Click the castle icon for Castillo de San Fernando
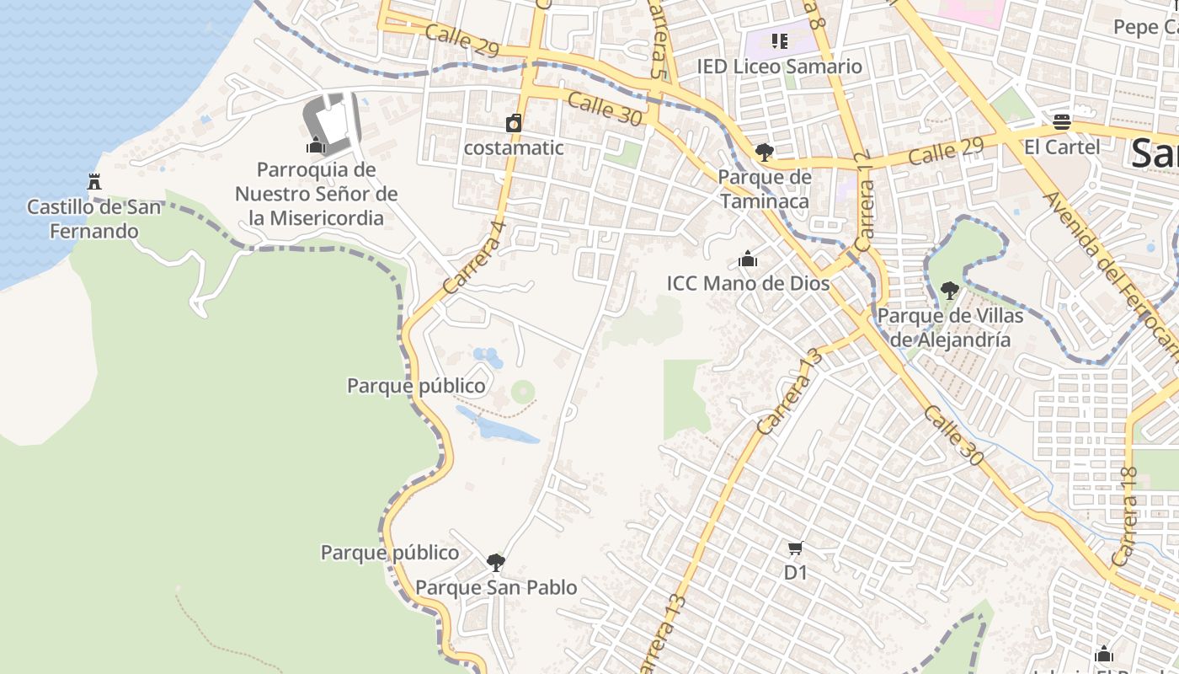tap(94, 181)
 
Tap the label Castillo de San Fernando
tap(93, 218)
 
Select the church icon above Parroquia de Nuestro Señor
tap(317, 146)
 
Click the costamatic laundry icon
tap(514, 124)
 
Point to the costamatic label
tap(514, 147)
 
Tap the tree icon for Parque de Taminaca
tap(765, 152)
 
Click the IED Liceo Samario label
tap(779, 66)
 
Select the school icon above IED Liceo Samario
tap(779, 40)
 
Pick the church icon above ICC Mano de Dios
tap(748, 259)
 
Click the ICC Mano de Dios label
tap(748, 284)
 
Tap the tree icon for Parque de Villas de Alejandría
tap(950, 292)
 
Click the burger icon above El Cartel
tap(1061, 122)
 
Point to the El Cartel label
tap(1061, 147)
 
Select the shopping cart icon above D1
tap(795, 549)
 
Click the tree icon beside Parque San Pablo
tap(496, 562)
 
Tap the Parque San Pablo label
tap(496, 587)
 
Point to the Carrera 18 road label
tap(1125, 515)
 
